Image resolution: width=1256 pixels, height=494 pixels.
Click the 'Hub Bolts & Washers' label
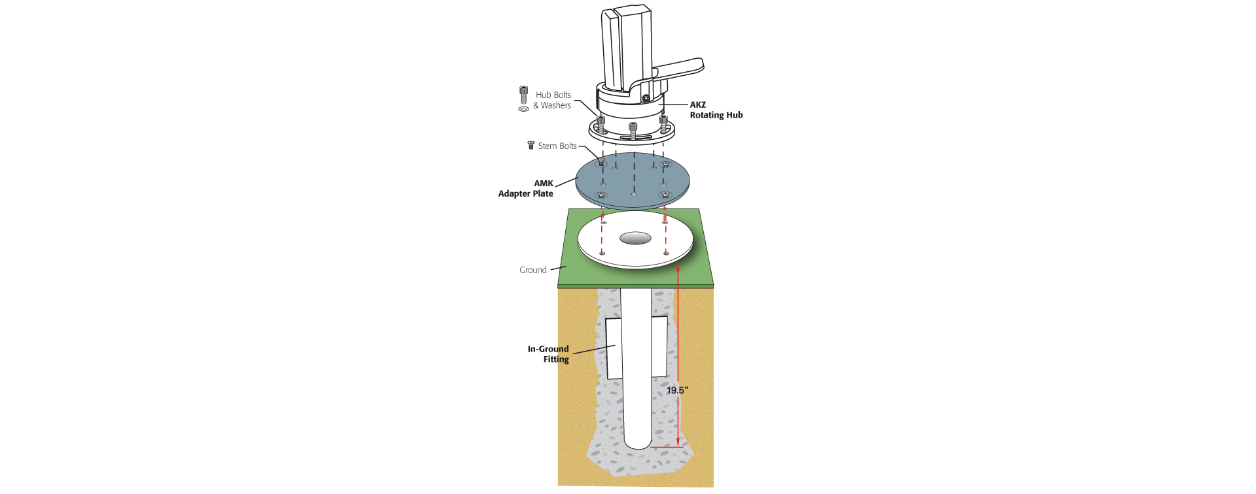pos(553,100)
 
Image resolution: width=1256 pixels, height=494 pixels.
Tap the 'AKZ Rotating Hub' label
pos(716,110)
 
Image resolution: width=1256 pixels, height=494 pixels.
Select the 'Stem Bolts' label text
pos(557,146)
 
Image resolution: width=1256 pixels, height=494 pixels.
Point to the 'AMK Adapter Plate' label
pos(527,188)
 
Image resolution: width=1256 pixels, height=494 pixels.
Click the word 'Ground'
pos(533,270)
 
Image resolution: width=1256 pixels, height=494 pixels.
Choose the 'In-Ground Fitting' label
pos(549,354)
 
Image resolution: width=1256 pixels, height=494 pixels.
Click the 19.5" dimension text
pos(677,390)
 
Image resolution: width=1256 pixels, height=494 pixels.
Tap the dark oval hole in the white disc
pos(635,239)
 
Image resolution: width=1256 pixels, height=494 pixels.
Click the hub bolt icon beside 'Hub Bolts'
pos(523,94)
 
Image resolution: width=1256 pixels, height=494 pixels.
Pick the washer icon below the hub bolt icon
pos(523,109)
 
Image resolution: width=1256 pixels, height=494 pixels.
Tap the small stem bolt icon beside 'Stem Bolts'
pos(531,145)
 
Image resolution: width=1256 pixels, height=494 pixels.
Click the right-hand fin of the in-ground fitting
pos(659,346)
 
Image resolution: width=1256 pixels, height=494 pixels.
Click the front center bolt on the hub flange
pos(633,129)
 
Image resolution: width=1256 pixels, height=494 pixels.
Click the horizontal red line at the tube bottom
pos(664,447)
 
